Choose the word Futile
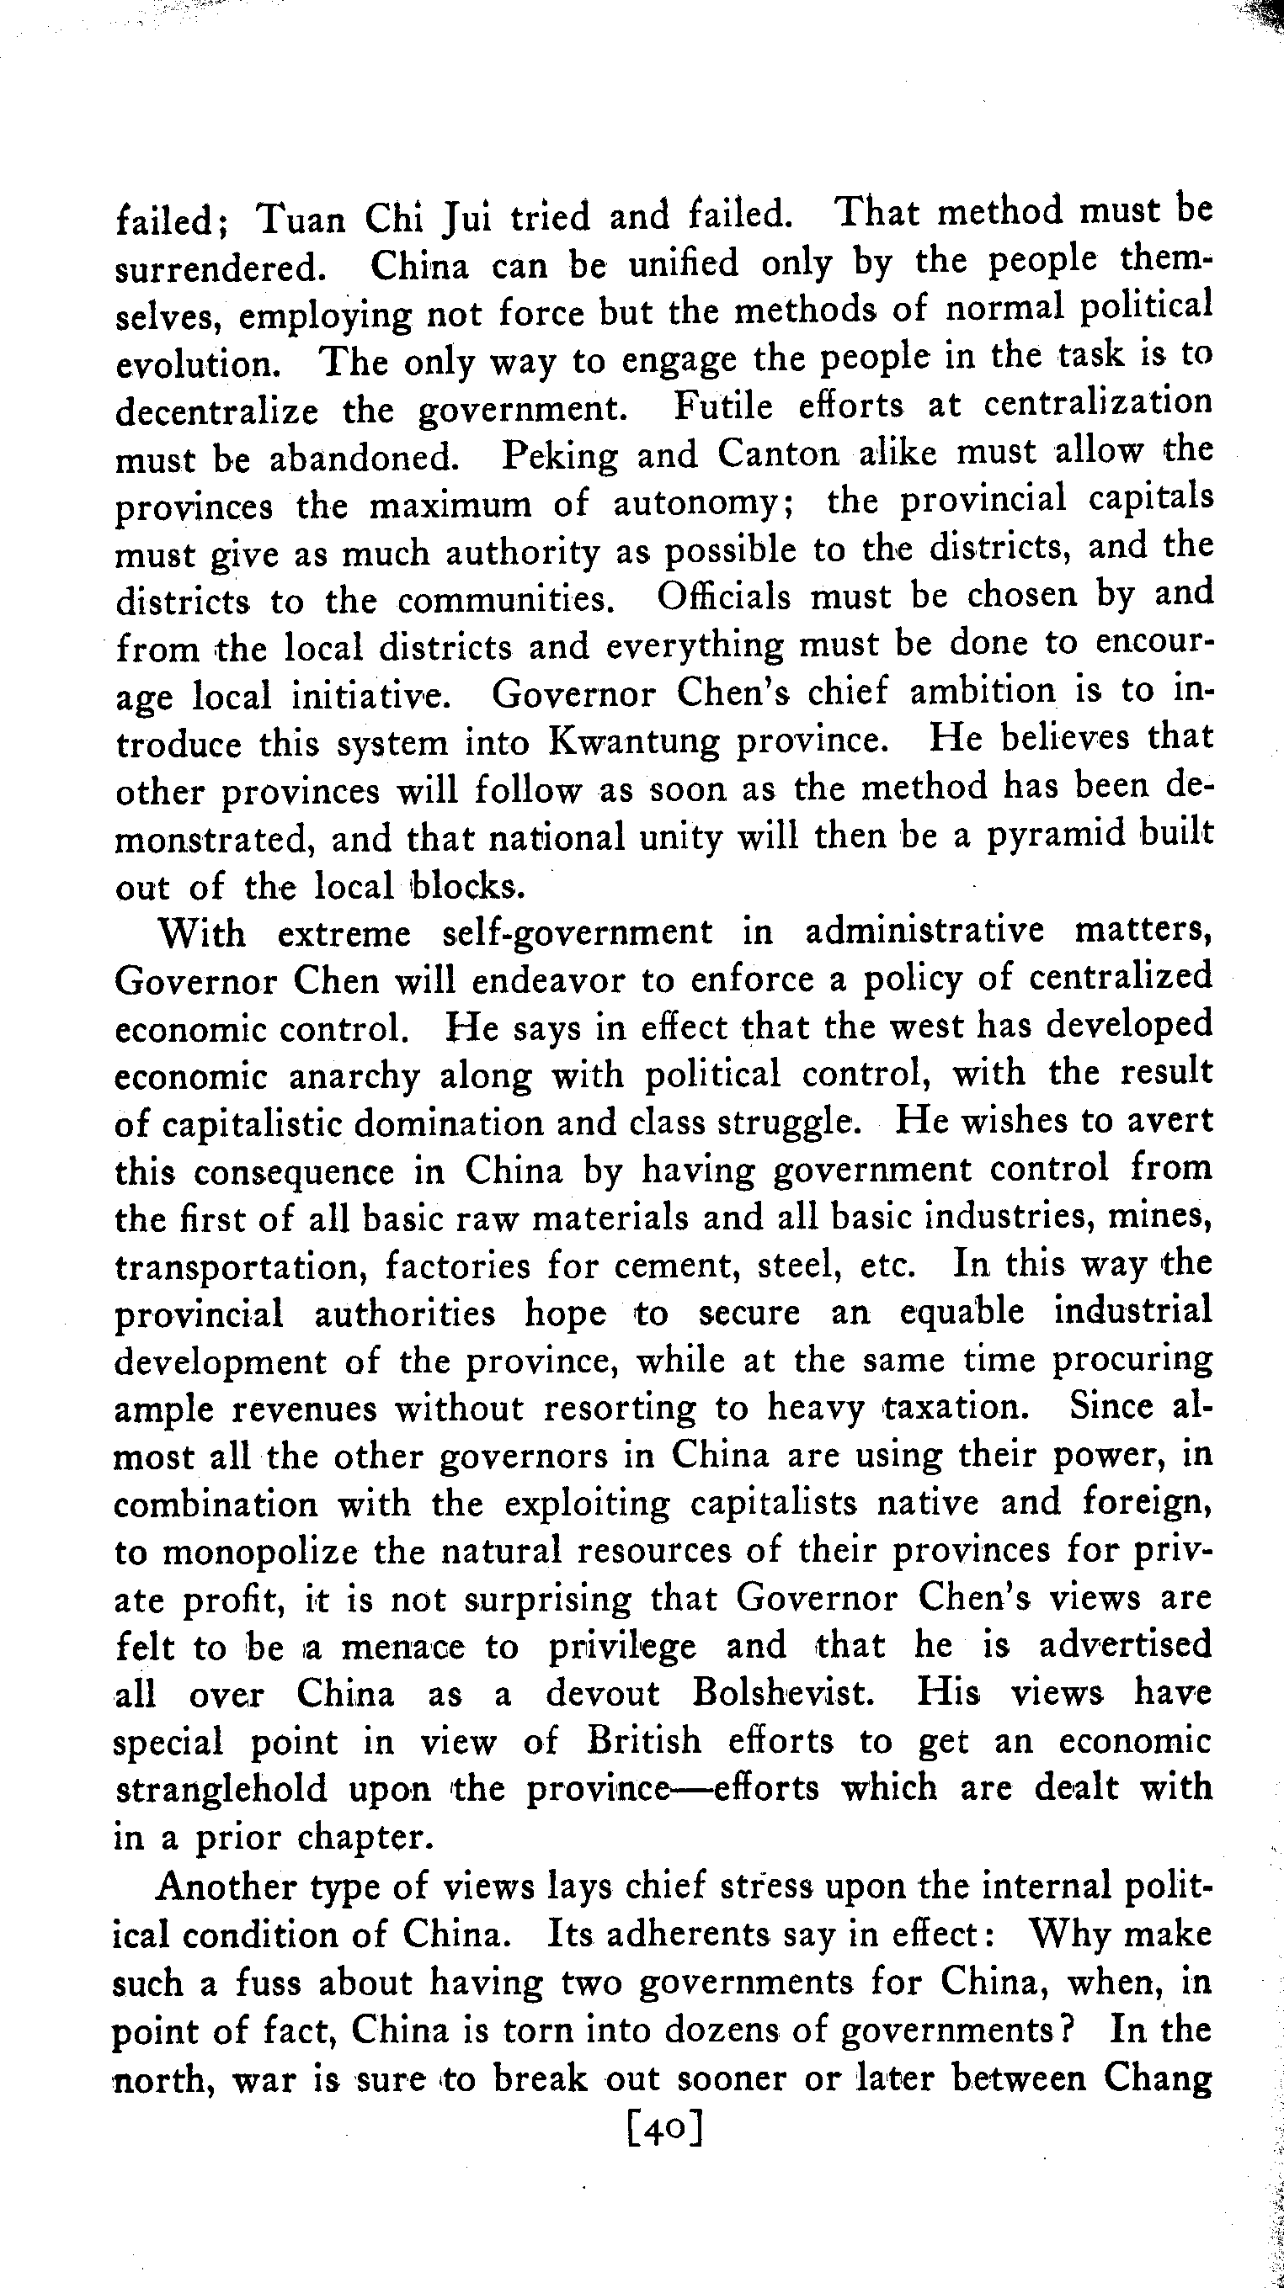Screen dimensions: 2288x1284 724,406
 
